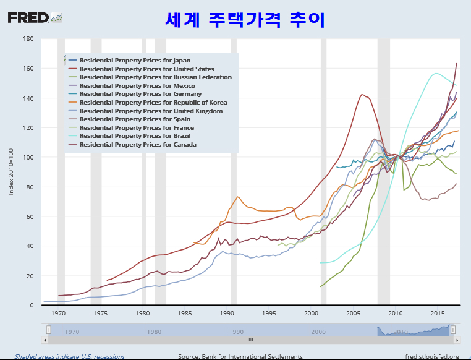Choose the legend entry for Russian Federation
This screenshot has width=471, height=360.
point(155,77)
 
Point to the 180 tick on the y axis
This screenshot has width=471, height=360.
point(28,38)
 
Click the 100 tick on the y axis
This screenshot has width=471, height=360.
point(28,157)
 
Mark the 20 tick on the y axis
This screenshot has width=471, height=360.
point(29,276)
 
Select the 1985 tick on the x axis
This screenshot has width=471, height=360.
point(186,314)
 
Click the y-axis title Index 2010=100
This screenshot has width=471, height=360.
point(11,171)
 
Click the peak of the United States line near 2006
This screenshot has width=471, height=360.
point(362,95)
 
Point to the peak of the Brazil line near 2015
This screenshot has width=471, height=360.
point(436,73)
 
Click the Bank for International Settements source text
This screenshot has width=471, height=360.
point(240,356)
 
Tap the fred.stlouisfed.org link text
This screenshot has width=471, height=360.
point(431,356)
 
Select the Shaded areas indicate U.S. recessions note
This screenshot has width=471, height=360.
point(70,356)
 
